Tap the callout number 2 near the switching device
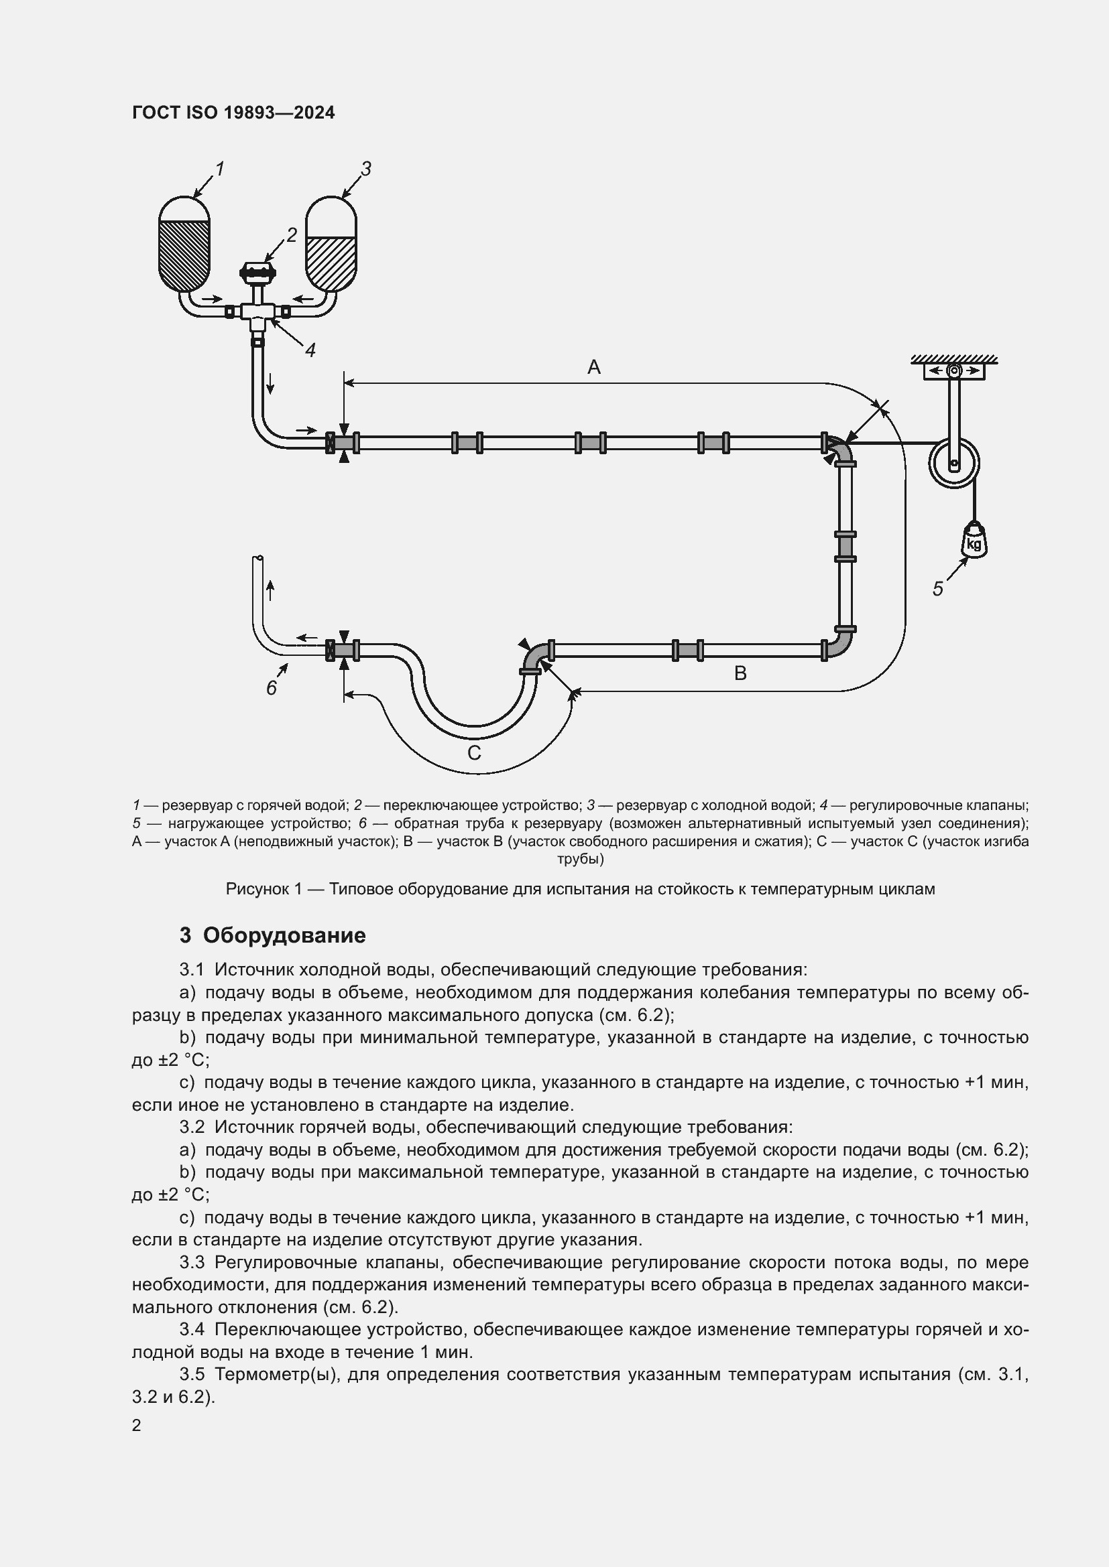point(292,235)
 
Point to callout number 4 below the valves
point(310,351)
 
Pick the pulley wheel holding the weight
point(954,464)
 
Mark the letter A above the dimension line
point(594,368)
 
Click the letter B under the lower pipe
point(740,673)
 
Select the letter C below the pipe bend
point(474,753)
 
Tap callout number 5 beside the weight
point(938,589)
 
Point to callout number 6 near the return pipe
point(272,688)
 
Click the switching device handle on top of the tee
point(257,272)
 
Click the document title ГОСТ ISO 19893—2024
point(233,113)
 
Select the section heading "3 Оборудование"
point(272,935)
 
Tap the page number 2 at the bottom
point(137,1425)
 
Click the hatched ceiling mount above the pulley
point(954,360)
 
